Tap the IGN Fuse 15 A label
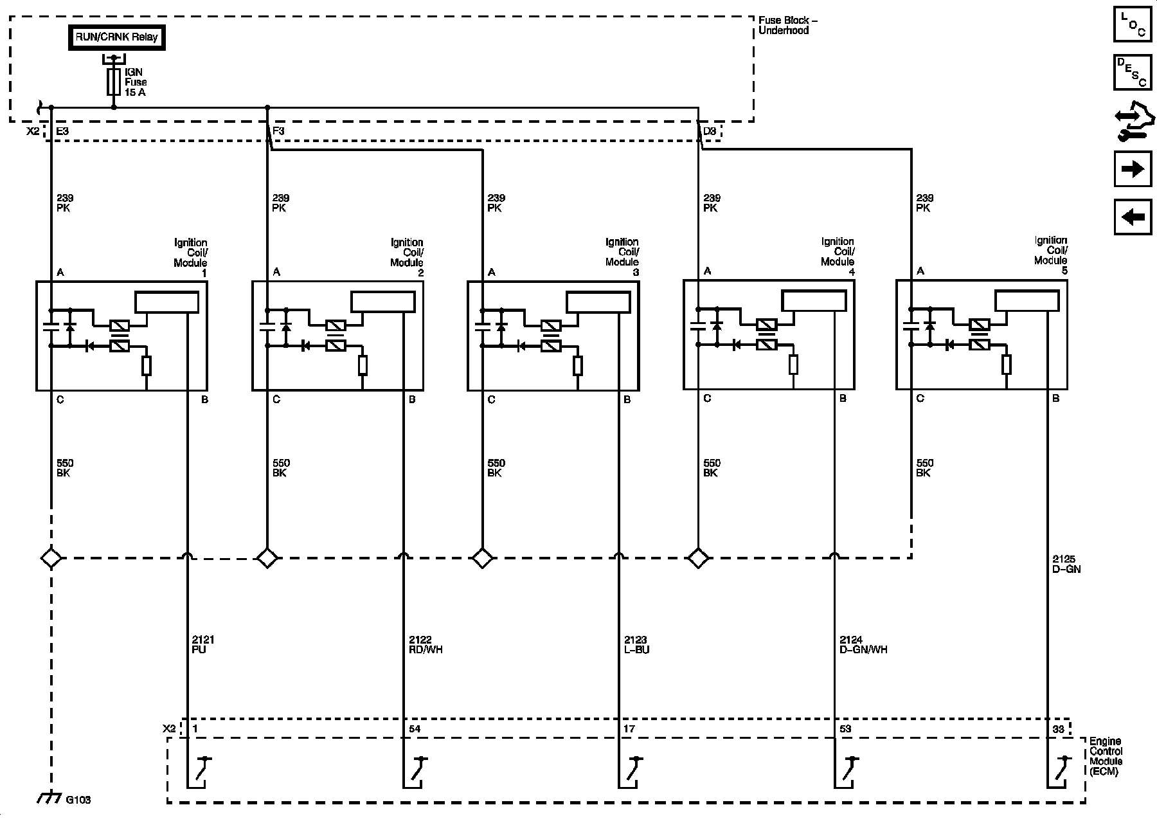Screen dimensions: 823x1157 click(135, 82)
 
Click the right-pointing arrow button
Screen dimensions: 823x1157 click(1133, 168)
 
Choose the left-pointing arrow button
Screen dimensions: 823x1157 click(1133, 217)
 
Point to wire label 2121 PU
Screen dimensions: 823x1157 click(203, 644)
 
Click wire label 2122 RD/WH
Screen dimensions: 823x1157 click(425, 644)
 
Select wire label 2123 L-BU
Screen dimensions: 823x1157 click(636, 644)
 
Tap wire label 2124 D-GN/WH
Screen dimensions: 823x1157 click(863, 644)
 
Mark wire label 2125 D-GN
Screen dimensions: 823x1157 click(1067, 564)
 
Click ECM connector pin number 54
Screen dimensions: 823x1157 click(415, 728)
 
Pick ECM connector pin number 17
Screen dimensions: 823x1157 click(629, 728)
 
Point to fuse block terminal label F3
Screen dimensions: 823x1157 click(278, 131)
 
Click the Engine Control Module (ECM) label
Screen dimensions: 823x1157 click(1106, 757)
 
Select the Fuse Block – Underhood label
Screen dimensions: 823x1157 click(787, 26)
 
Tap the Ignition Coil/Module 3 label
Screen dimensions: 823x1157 click(622, 257)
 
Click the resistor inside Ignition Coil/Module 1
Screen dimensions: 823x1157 click(147, 366)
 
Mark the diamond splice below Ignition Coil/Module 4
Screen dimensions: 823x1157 click(699, 557)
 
